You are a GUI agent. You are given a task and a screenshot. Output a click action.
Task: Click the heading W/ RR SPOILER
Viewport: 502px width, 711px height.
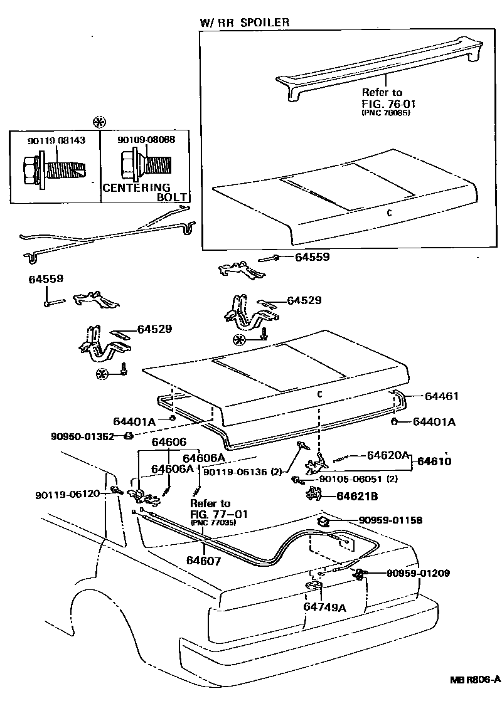[x=245, y=22]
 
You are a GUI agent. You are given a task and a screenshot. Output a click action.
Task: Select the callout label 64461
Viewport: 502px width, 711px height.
[x=442, y=396]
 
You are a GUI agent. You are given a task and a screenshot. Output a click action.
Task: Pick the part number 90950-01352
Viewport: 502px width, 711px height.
[x=83, y=436]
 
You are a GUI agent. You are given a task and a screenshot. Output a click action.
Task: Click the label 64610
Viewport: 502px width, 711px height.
[x=434, y=461]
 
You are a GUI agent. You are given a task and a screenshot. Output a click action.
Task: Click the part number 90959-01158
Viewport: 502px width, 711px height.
[x=390, y=520]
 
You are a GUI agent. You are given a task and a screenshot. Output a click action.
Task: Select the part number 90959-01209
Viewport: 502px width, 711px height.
[x=418, y=572]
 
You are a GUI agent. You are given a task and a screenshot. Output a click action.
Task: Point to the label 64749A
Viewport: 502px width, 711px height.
[x=325, y=606]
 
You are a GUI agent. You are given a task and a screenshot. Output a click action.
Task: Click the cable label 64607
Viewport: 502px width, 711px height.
[x=203, y=561]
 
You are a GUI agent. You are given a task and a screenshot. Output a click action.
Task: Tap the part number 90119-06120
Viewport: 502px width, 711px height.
[x=68, y=494]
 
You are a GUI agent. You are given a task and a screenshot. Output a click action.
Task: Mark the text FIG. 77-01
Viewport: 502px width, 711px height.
[x=219, y=514]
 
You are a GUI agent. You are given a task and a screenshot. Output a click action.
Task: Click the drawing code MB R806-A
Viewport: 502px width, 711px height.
[x=474, y=679]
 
